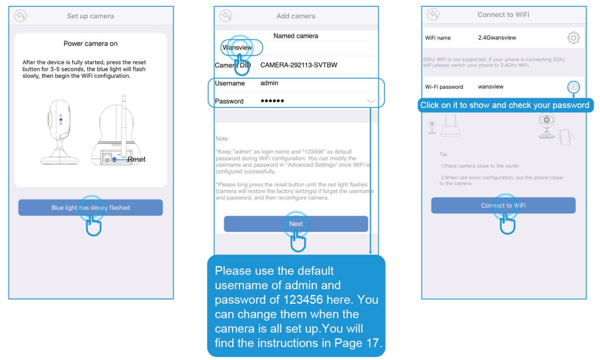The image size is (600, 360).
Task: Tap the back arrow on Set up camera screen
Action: pyautogui.click(x=20, y=16)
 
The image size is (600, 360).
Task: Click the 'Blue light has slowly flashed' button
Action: pyautogui.click(x=90, y=208)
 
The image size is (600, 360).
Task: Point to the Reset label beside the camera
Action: pyautogui.click(x=136, y=159)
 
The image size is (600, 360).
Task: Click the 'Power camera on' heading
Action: pyautogui.click(x=90, y=44)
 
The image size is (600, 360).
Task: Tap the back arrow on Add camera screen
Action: pyautogui.click(x=226, y=16)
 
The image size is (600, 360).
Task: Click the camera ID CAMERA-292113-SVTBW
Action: pyautogui.click(x=299, y=65)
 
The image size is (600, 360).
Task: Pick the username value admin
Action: pyautogui.click(x=269, y=83)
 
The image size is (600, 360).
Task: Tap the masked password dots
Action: pyautogui.click(x=272, y=101)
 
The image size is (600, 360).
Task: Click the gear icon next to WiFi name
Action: pyautogui.click(x=573, y=38)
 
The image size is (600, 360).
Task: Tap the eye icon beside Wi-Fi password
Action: pyautogui.click(x=573, y=87)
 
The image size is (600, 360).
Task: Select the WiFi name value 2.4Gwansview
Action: pyautogui.click(x=497, y=38)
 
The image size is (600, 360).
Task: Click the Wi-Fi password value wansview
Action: pyautogui.click(x=491, y=87)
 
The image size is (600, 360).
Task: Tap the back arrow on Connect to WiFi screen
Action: pyautogui.click(x=433, y=15)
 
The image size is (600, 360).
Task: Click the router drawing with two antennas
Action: pyautogui.click(x=451, y=126)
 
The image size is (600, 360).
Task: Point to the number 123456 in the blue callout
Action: pyautogui.click(x=303, y=300)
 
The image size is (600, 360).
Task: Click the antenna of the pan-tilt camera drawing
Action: pyautogui.click(x=123, y=126)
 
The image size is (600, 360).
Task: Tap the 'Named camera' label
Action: pyautogui.click(x=296, y=36)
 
